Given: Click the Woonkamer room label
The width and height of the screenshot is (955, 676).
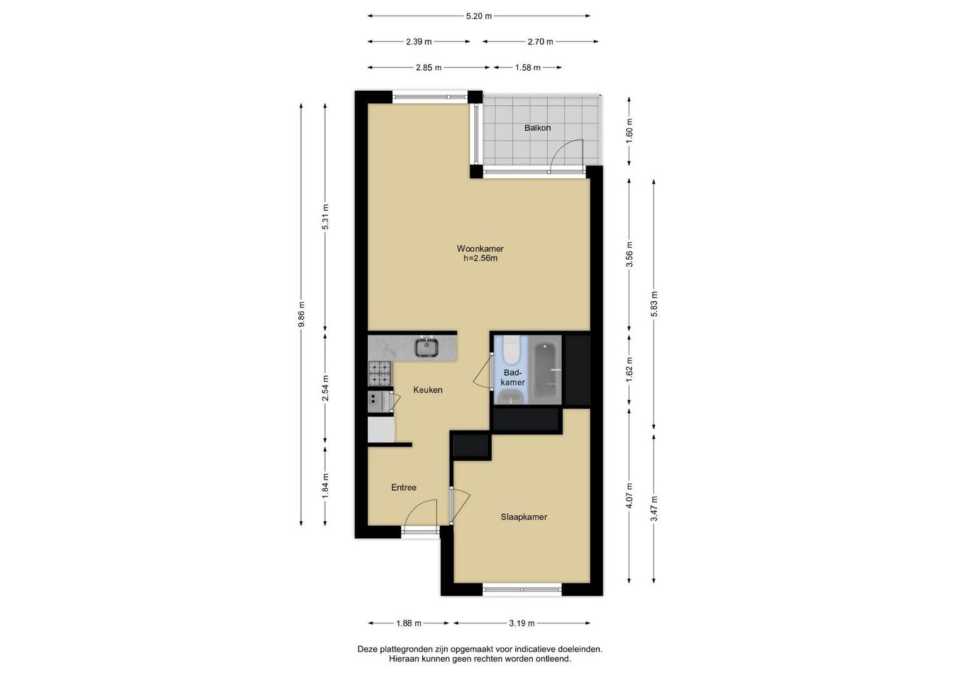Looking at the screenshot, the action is pyautogui.click(x=480, y=248).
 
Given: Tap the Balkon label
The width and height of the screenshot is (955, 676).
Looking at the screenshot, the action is pyautogui.click(x=538, y=128).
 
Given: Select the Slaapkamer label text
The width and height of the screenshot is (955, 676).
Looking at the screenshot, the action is pyautogui.click(x=523, y=517).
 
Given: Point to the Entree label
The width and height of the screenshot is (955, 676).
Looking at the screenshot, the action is pyautogui.click(x=404, y=488).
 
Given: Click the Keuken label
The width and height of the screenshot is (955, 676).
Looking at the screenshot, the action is pyautogui.click(x=428, y=389).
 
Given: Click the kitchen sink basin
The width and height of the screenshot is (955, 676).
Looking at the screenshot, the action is pyautogui.click(x=427, y=347).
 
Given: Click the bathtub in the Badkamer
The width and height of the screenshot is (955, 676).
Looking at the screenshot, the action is pyautogui.click(x=547, y=370).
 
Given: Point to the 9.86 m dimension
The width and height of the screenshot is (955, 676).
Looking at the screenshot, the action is pyautogui.click(x=301, y=314).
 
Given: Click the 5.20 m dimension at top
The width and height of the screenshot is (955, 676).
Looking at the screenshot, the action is pyautogui.click(x=479, y=16).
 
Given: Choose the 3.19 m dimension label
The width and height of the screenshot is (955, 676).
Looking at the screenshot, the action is pyautogui.click(x=522, y=623).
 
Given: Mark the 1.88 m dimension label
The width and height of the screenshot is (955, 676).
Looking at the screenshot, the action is pyautogui.click(x=408, y=623).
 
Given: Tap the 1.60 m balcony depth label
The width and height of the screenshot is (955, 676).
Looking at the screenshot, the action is pyautogui.click(x=629, y=131).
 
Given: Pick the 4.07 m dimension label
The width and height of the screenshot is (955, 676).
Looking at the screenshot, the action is pyautogui.click(x=629, y=496).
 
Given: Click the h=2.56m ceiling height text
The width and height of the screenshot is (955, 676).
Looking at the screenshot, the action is pyautogui.click(x=480, y=258).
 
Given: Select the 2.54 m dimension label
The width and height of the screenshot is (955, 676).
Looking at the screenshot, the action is pyautogui.click(x=325, y=388).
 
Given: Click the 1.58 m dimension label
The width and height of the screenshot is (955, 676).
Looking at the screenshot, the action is pyautogui.click(x=528, y=68).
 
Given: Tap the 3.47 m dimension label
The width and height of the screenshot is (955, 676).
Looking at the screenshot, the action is pyautogui.click(x=654, y=508).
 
